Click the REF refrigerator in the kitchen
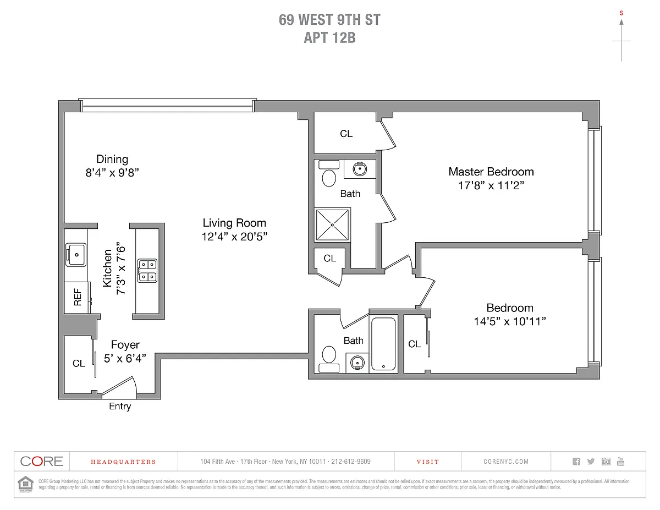pyautogui.click(x=77, y=297)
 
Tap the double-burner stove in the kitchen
pyautogui.click(x=147, y=270)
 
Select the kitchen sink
pyautogui.click(x=75, y=254)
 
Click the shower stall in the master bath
pyautogui.click(x=332, y=224)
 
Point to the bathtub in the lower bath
pyautogui.click(x=383, y=343)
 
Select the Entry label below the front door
pyautogui.click(x=120, y=407)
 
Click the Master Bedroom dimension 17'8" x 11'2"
pyautogui.click(x=491, y=186)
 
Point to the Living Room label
pyautogui.click(x=234, y=223)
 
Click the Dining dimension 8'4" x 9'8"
pyautogui.click(x=112, y=172)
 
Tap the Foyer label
pyautogui.click(x=125, y=345)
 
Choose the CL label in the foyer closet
pyautogui.click(x=79, y=364)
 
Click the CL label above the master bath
pyautogui.click(x=346, y=134)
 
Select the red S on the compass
pyautogui.click(x=621, y=12)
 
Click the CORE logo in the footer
pyautogui.click(x=42, y=461)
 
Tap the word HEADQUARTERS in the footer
pyautogui.click(x=123, y=462)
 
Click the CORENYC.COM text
pyautogui.click(x=505, y=462)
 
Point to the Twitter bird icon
pyautogui.click(x=591, y=462)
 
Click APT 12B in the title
pyautogui.click(x=329, y=37)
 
